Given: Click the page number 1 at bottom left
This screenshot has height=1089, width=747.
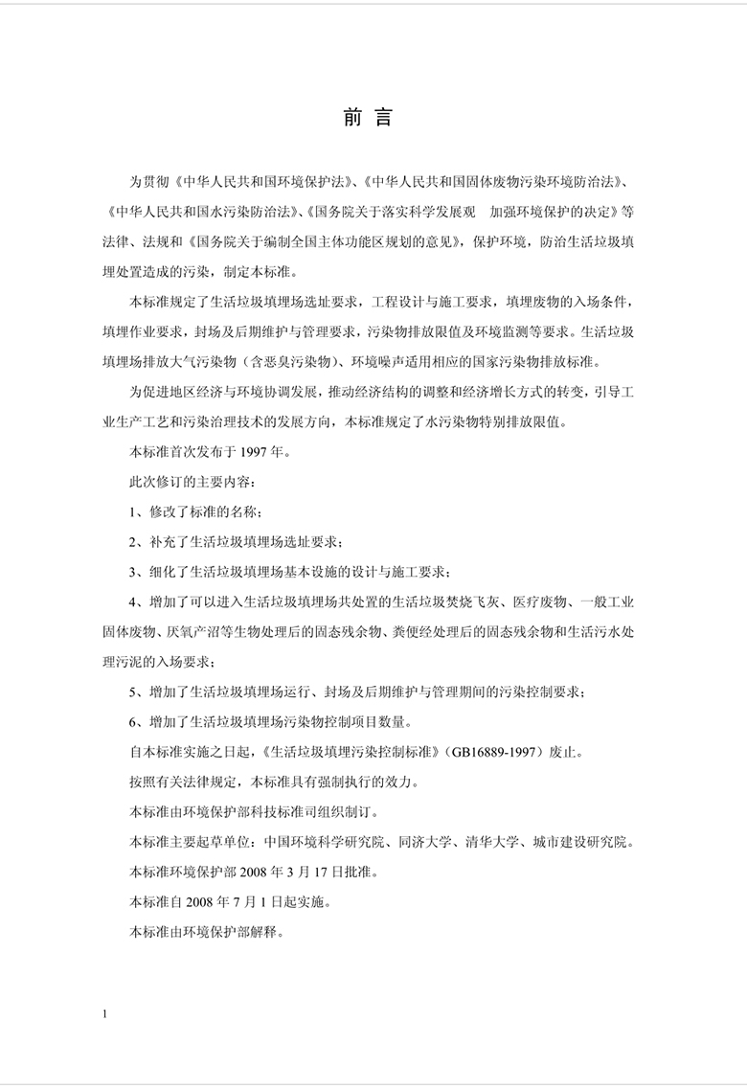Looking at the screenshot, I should point(108,1013).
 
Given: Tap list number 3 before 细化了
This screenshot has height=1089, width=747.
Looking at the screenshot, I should point(133,572).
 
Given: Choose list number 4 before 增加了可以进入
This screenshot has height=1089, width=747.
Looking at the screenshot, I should point(133,601).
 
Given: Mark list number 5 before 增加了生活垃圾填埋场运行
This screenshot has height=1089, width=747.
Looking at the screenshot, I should point(133,692).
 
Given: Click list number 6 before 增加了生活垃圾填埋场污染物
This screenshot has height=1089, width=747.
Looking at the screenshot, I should point(133,721).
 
